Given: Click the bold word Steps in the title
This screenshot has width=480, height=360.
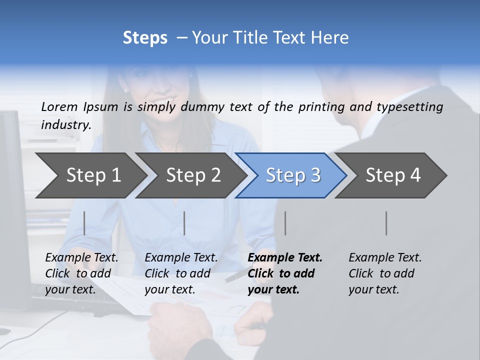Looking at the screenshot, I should point(145,38).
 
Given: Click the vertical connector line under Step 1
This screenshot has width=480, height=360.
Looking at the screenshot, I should point(84,223).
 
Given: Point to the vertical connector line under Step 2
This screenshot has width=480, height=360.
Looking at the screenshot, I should point(184,223).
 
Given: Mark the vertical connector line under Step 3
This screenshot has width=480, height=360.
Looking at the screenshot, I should point(285,223).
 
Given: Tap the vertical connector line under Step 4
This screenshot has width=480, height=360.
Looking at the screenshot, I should point(386,223).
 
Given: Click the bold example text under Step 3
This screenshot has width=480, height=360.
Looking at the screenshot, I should point(285,273).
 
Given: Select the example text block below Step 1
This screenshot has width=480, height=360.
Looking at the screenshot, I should point(81,273).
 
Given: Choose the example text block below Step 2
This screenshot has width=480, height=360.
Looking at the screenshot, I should point(181,273).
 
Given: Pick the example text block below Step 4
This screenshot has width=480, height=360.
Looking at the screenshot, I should point(385,273).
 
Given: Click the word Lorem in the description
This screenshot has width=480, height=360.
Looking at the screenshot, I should point(59,106).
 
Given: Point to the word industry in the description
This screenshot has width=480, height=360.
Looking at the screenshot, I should point(66,125).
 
